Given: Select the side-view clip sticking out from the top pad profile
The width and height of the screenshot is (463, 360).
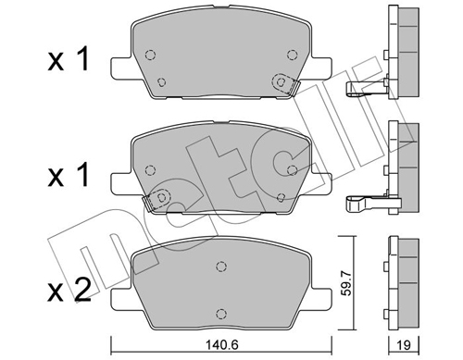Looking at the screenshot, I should click(x=362, y=89).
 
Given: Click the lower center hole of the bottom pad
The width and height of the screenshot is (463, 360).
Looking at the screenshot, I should click(x=220, y=313).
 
